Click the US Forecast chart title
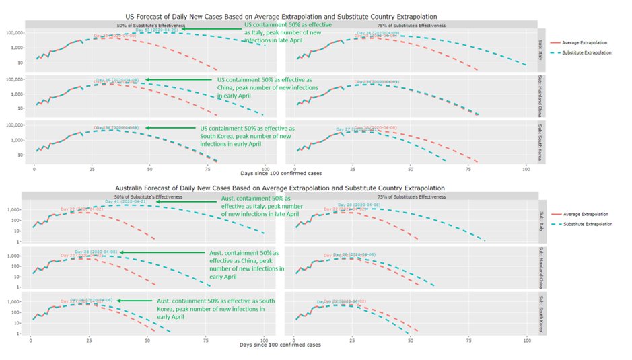point(281,15)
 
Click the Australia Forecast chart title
point(280,188)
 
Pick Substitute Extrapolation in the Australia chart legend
point(588,223)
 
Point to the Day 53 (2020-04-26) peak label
point(156,30)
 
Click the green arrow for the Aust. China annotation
point(162,252)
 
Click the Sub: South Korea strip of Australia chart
point(542,314)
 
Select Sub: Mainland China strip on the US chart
point(542,97)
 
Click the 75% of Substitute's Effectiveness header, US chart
point(411,25)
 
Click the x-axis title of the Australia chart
point(280,343)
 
